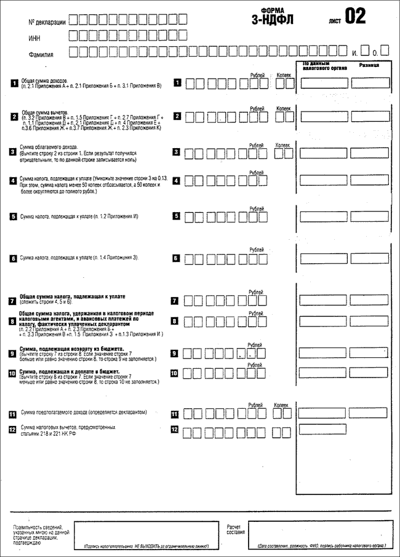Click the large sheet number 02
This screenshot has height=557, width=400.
tap(355, 17)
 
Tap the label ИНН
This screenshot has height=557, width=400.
tap(36, 38)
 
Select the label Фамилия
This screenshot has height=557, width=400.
tap(41, 54)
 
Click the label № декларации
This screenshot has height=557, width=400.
tap(47, 22)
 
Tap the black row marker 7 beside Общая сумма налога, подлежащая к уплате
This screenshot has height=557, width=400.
tap(14, 301)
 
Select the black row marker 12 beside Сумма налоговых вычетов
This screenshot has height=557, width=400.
tap(14, 430)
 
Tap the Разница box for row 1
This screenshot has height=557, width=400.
tap(370, 83)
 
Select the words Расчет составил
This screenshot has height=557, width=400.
tap(235, 529)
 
